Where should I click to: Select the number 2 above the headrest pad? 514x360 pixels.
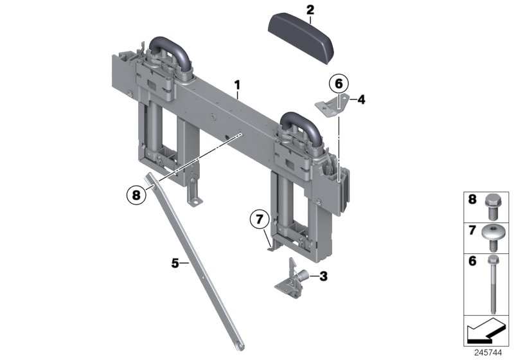310,9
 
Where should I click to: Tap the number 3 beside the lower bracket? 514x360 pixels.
323,276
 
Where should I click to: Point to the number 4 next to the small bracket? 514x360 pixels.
361,99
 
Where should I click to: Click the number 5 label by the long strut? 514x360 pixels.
175,263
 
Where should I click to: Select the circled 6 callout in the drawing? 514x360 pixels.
338,84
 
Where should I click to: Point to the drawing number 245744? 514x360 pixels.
491,354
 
